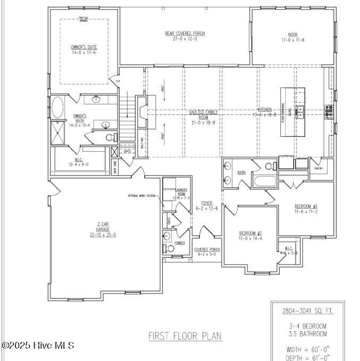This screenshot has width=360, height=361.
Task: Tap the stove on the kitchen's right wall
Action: click(329, 110)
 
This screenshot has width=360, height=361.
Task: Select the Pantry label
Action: click(319, 168)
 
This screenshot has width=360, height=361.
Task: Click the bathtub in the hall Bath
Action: click(264, 182)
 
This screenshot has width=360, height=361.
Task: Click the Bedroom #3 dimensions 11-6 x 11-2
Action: click(306, 211)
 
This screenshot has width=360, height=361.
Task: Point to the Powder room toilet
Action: click(170, 248)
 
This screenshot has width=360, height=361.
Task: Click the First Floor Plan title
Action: click(185, 336)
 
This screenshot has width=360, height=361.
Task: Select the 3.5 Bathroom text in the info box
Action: click(305, 334)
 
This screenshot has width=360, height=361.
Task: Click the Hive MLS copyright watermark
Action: click(38, 346)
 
